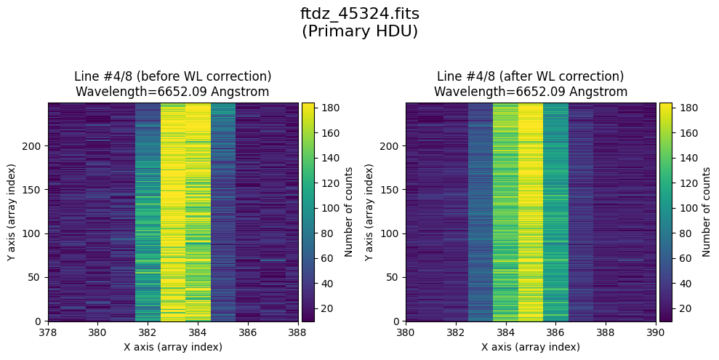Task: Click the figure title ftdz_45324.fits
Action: (x=359, y=14)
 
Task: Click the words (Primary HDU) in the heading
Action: (x=359, y=31)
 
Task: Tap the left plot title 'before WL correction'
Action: (x=172, y=76)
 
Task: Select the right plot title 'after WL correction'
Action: (x=530, y=76)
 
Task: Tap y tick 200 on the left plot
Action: (x=34, y=146)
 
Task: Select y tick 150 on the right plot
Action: (x=391, y=190)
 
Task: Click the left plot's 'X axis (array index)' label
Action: (x=173, y=347)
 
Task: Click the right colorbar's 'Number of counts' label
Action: (x=706, y=212)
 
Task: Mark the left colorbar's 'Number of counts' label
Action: (x=349, y=212)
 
